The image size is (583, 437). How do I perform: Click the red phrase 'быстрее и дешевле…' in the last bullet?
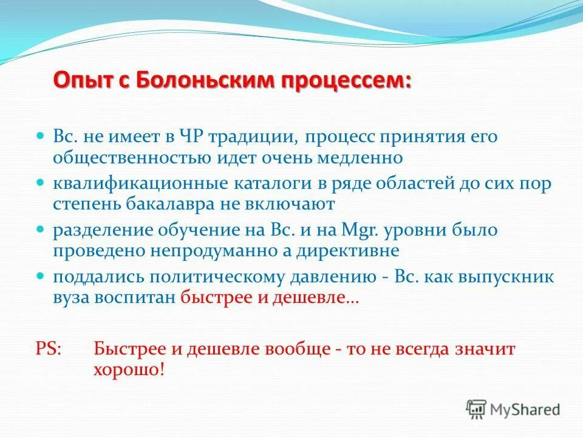(x=270, y=298)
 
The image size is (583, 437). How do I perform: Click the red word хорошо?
(x=128, y=370)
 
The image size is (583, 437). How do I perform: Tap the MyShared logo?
(x=514, y=410)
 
